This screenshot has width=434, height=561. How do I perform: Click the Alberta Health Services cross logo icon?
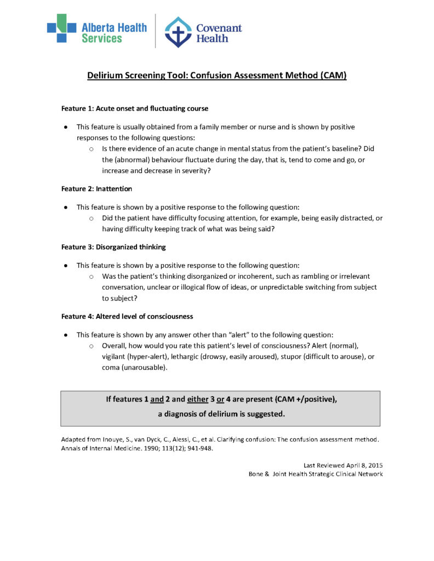coord(61,28)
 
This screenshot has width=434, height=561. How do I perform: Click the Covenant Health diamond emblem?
coord(179,31)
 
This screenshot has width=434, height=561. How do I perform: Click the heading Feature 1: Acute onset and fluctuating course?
coord(135,108)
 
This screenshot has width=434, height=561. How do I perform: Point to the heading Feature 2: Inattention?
coord(96,189)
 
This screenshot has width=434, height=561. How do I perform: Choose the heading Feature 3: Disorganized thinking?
coord(113,247)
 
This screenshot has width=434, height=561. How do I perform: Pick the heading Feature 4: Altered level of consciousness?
coord(127,317)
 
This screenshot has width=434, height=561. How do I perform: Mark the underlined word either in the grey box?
coord(198,399)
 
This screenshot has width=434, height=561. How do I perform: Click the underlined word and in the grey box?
coord(157,399)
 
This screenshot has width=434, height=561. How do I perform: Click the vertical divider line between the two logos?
coord(155,31)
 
